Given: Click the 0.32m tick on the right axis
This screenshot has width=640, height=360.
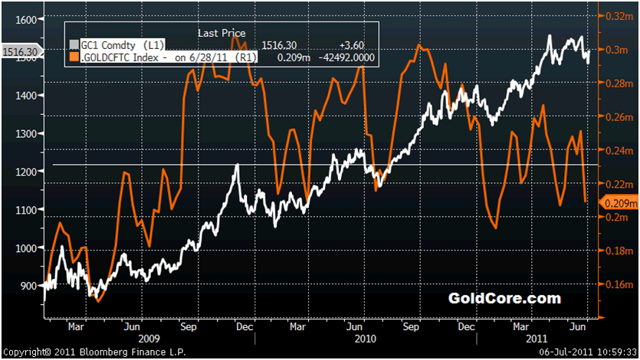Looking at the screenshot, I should pos(616,16).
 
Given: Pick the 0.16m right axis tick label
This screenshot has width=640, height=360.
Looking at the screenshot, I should pos(616,284).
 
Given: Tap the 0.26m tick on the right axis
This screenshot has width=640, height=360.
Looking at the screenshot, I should pos(616,117).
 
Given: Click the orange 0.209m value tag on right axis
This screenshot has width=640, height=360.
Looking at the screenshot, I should pos(620,203).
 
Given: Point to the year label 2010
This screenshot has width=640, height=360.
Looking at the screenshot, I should pos(366,337).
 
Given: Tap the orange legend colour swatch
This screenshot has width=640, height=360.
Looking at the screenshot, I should pos(74,57).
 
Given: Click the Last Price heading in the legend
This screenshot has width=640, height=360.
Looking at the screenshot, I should pos(222,33).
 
